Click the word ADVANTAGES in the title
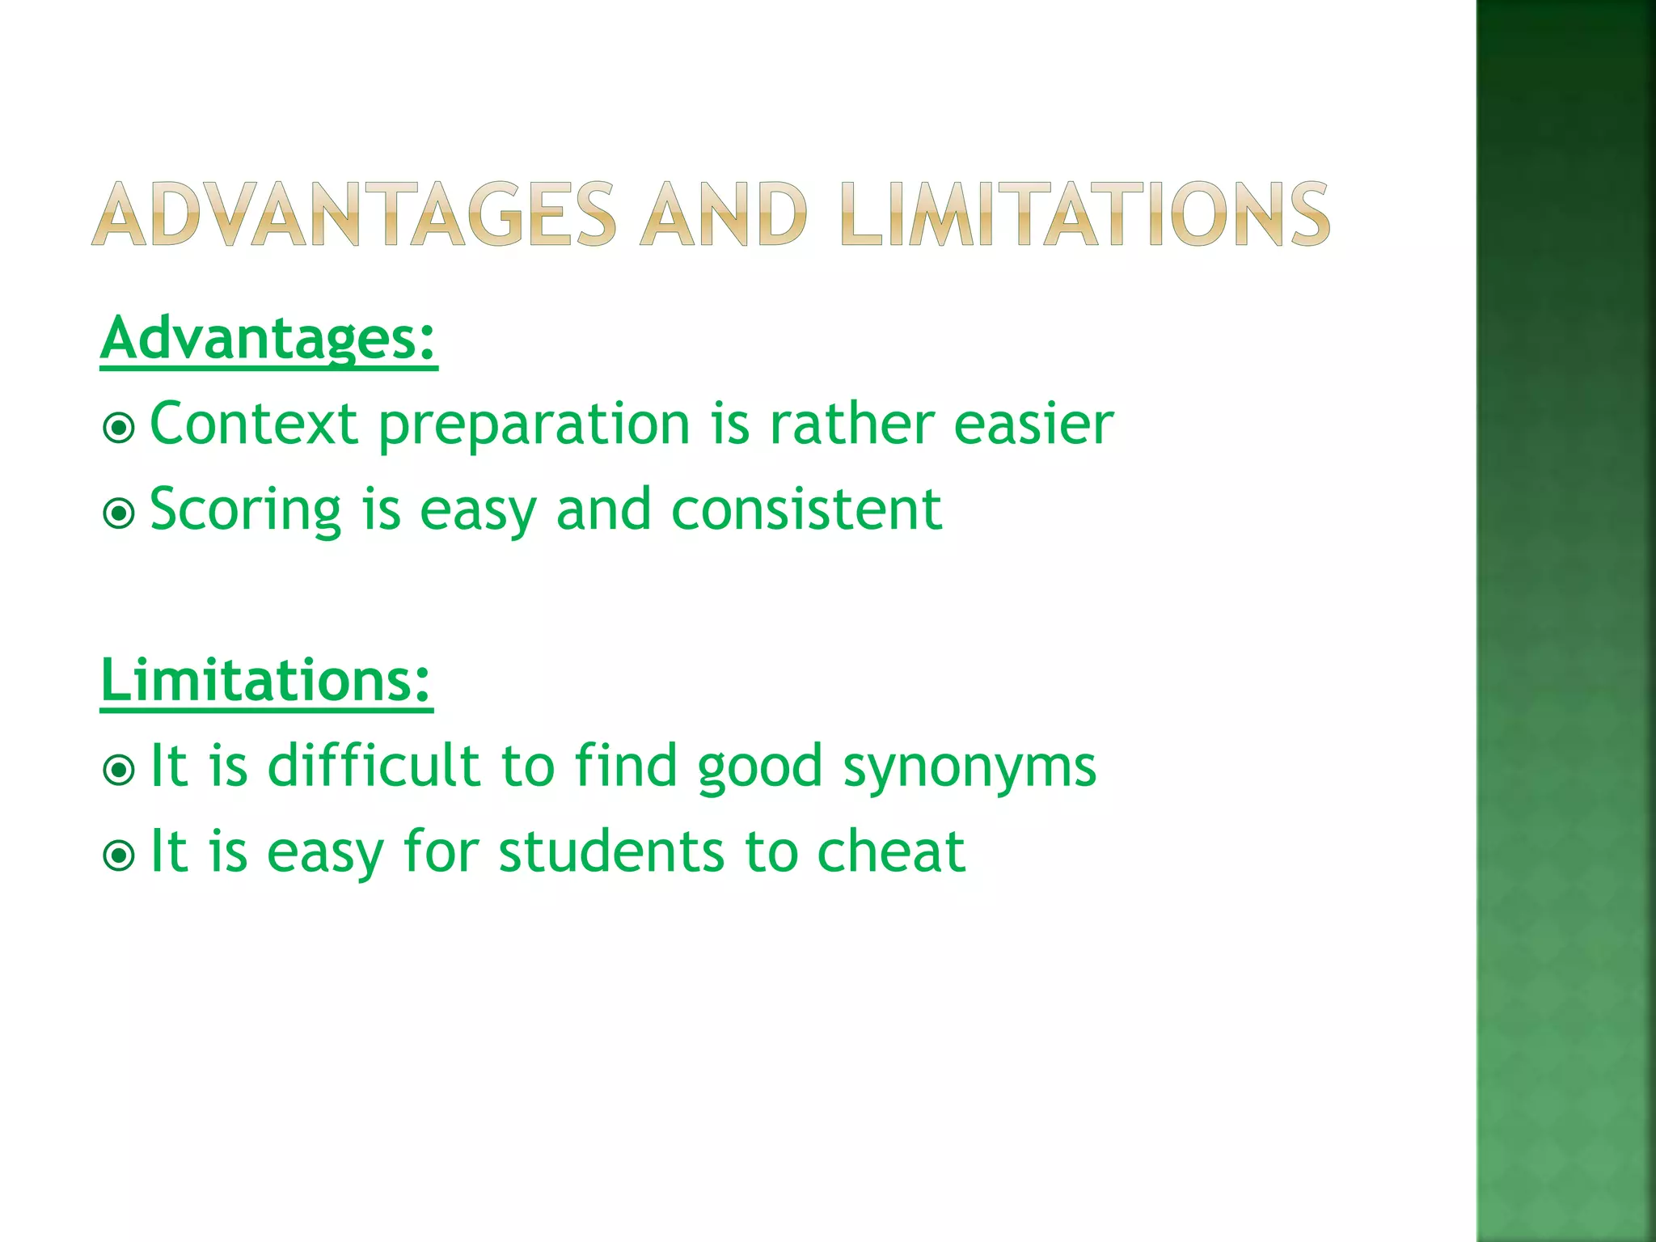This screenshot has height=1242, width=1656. [354, 214]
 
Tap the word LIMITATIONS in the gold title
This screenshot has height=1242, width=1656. [1084, 214]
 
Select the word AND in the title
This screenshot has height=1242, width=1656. [723, 214]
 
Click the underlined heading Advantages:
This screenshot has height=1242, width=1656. [268, 339]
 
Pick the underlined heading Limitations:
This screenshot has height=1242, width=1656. [266, 681]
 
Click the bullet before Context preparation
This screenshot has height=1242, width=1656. [120, 427]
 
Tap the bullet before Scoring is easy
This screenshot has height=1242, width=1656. [120, 513]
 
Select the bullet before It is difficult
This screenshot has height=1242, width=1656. [120, 770]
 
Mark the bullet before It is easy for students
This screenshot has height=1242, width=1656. [120, 855]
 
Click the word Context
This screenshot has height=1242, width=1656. [254, 424]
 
